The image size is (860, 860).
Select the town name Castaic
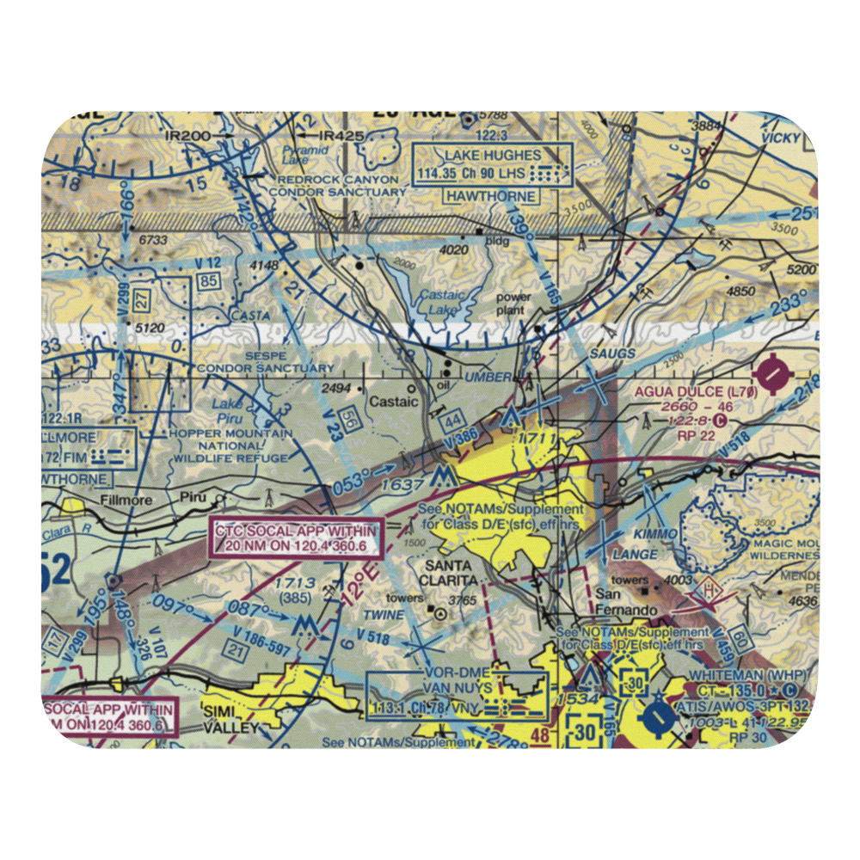pyautogui.click(x=393, y=401)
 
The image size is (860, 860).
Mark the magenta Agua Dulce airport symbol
pyautogui.click(x=777, y=374)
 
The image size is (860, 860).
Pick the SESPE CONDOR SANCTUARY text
pyautogui.click(x=265, y=361)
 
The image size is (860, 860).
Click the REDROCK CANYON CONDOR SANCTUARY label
pyautogui.click(x=335, y=186)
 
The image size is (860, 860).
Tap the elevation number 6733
pyautogui.click(x=152, y=240)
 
